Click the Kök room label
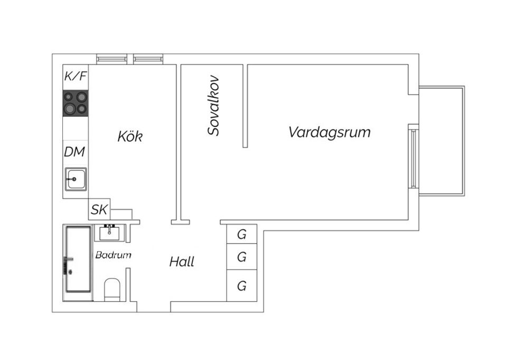coord(130,136)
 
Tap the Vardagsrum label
coord(329,132)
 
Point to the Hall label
coord(182,262)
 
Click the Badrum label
coord(113,255)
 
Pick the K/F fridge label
coord(76,77)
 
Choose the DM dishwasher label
coord(74,152)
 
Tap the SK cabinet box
coord(99,210)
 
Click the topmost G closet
coord(241,233)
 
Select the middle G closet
coord(241,257)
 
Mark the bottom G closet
coord(241,286)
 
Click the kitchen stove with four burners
coord(76,103)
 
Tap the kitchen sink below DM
coord(76,179)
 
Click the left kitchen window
coord(111,59)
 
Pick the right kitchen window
coord(147,59)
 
